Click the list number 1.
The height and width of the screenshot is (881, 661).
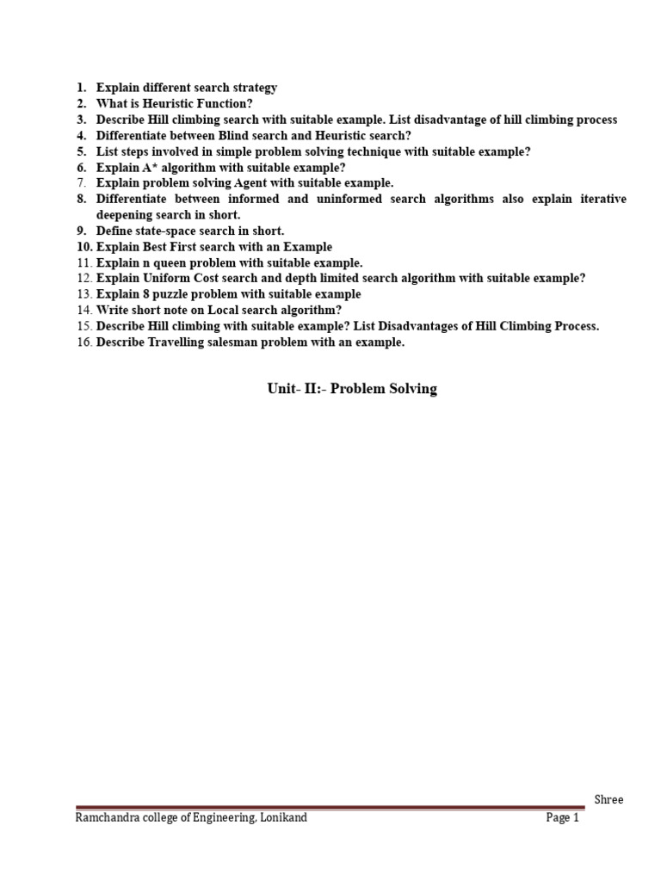click(x=81, y=88)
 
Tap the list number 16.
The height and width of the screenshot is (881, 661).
click(x=83, y=342)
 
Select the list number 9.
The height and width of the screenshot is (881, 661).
click(x=81, y=231)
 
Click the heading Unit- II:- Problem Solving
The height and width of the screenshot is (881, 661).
click(x=351, y=389)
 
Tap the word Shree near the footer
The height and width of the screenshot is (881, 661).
click(x=608, y=800)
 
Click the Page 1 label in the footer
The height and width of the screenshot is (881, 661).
click(x=563, y=818)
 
